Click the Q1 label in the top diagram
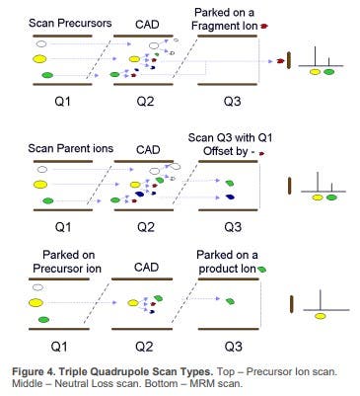tap(62, 101)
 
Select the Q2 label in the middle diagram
tap(146, 227)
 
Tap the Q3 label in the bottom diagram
tap(233, 346)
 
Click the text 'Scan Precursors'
tap(70, 24)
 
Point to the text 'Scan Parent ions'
tap(70, 148)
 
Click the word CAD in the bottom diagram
tap(146, 268)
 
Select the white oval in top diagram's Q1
tap(41, 43)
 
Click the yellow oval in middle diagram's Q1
tap(40, 185)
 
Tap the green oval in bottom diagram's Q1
tap(43, 319)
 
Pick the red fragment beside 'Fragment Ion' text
tap(263, 26)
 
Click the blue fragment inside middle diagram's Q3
tap(230, 197)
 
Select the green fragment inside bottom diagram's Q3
tap(230, 301)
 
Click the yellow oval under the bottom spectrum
tap(321, 316)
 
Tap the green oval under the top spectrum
tap(328, 71)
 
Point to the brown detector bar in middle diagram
tap(290, 186)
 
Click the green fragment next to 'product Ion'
tap(262, 269)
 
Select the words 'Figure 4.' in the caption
tap(34, 372)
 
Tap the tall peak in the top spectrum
tap(316, 56)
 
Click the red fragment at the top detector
tap(280, 61)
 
